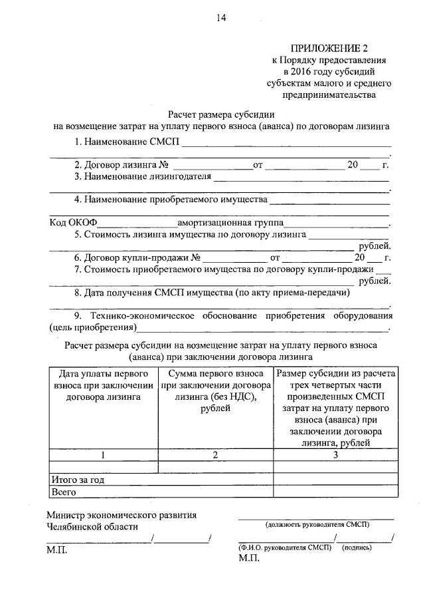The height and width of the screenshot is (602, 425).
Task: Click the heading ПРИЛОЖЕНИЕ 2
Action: [329, 49]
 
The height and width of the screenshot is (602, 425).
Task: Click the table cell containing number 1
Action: [102, 455]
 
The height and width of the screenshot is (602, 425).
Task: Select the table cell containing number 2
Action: [215, 455]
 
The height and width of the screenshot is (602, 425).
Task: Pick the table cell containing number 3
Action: [335, 455]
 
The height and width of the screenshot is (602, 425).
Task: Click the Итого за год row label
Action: [78, 480]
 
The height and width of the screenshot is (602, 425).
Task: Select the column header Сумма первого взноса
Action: [216, 392]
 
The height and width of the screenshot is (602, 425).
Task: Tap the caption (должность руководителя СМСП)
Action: [317, 524]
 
